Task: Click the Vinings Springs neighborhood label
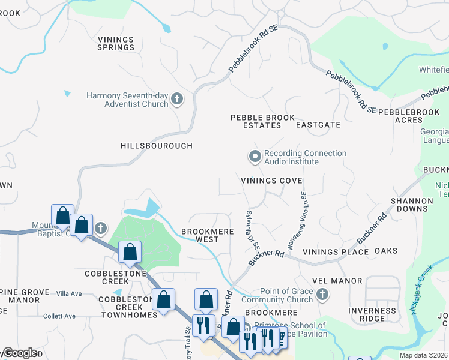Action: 116,43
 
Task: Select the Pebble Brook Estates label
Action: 256,122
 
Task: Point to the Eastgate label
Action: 318,125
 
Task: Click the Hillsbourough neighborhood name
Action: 157,146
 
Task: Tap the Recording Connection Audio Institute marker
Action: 255,157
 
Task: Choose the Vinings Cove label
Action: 271,181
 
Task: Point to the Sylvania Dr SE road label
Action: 252,230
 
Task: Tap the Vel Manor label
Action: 337,281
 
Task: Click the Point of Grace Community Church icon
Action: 322,294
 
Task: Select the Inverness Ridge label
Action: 373,315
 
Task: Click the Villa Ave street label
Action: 68,294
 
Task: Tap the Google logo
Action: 20,353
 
